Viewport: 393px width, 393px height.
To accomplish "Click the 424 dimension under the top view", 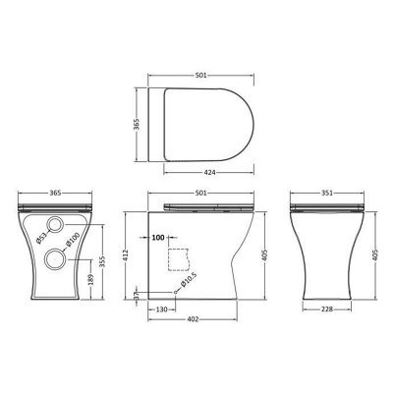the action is [209, 172].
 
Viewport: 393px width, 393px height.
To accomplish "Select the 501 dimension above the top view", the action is [200, 76].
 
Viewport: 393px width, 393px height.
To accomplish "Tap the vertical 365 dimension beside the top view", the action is [137, 124].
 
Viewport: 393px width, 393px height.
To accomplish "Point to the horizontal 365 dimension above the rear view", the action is [55, 193].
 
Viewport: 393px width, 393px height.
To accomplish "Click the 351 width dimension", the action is [326, 193].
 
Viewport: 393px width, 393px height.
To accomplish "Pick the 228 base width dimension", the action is [327, 309].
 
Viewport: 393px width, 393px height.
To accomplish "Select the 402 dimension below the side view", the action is [193, 319].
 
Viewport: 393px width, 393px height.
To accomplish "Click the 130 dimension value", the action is [161, 309].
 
